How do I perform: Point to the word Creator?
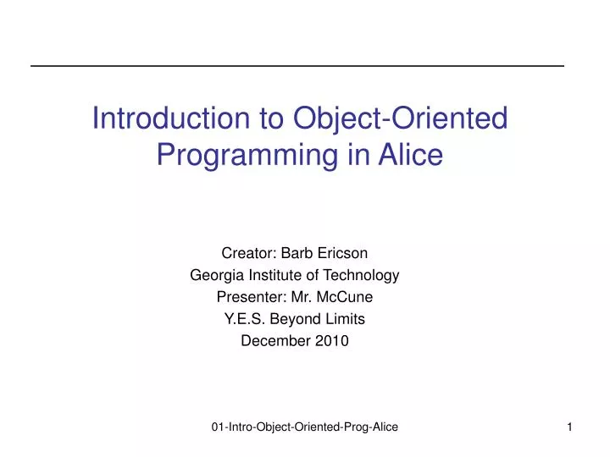point(245,252)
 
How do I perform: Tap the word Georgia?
point(214,275)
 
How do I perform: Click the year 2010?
point(332,341)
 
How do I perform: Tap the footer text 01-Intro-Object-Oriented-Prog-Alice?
point(305,429)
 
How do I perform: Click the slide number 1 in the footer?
point(570,429)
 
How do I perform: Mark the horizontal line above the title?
point(297,66)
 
